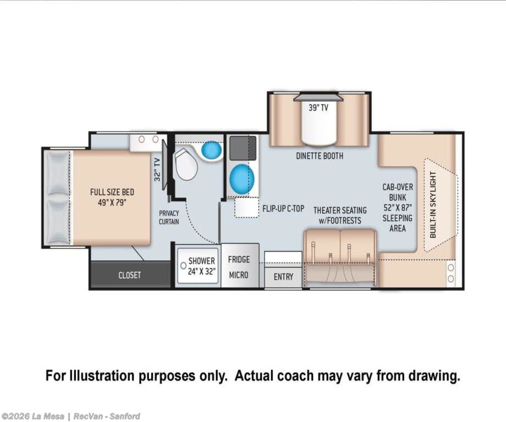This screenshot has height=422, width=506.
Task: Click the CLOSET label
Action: [129, 275]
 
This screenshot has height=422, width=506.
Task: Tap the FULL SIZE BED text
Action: [112, 192]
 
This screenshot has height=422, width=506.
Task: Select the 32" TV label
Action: [157, 169]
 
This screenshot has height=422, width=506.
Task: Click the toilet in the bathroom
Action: [186, 165]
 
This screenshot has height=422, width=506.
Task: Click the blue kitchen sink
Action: [241, 179]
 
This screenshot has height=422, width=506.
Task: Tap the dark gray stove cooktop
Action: [243, 148]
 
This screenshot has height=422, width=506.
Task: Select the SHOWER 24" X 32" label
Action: [201, 266]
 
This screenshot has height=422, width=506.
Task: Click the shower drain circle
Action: [183, 265]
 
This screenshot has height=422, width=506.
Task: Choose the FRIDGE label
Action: [239, 259]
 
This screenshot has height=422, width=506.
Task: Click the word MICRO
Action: [239, 275]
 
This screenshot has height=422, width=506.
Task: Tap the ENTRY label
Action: [283, 277]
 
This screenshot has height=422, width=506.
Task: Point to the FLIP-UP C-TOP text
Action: [283, 209]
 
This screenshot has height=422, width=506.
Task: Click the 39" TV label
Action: [318, 107]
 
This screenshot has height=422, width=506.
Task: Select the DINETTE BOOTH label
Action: [320, 156]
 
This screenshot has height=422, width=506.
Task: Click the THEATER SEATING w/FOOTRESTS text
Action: [340, 215]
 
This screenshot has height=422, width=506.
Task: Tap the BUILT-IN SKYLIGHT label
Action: [433, 205]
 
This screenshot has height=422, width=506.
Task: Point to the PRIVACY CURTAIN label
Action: [169, 217]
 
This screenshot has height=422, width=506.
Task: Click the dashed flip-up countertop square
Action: [246, 207]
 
